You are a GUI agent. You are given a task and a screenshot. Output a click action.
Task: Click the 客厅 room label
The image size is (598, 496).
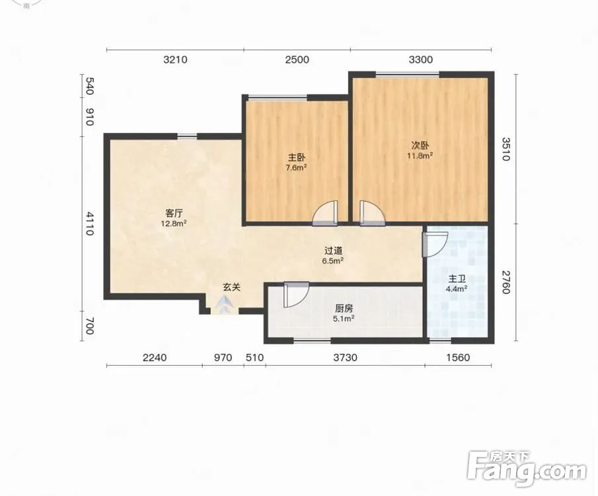(x=174, y=213)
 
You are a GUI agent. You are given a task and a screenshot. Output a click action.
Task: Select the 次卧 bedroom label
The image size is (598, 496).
(x=420, y=145)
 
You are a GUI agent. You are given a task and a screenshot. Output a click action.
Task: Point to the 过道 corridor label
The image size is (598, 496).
(x=333, y=251)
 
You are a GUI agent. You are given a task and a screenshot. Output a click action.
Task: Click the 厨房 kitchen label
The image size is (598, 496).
(x=344, y=308)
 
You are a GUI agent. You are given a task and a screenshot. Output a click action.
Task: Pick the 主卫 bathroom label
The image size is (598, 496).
(x=457, y=279)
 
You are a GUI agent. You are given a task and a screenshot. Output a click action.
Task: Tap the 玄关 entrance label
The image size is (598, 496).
(x=231, y=287)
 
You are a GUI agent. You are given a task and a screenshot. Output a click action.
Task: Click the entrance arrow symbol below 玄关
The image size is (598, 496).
(x=225, y=305)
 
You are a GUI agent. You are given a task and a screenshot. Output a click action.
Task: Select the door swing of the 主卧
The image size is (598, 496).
(x=324, y=213)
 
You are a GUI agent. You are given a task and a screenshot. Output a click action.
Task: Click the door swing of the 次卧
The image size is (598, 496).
(x=372, y=213)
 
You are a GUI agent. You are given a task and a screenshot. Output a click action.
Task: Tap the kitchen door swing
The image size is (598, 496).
(x=296, y=295)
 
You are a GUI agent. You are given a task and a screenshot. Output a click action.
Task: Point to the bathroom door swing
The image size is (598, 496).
(x=435, y=244)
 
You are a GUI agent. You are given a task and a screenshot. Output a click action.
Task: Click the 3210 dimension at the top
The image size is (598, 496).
(x=175, y=60)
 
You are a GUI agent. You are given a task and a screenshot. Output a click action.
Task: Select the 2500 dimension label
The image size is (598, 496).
(x=297, y=60)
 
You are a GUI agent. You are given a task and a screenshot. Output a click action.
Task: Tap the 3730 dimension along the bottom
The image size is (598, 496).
(x=345, y=357)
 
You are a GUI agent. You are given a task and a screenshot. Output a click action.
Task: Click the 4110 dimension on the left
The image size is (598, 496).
(x=89, y=224)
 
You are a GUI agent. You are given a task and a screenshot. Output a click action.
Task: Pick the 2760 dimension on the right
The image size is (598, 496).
(x=505, y=282)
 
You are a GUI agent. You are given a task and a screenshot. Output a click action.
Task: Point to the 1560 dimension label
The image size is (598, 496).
(x=458, y=357)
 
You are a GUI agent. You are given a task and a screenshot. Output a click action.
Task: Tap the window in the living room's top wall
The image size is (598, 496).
(x=187, y=136)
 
